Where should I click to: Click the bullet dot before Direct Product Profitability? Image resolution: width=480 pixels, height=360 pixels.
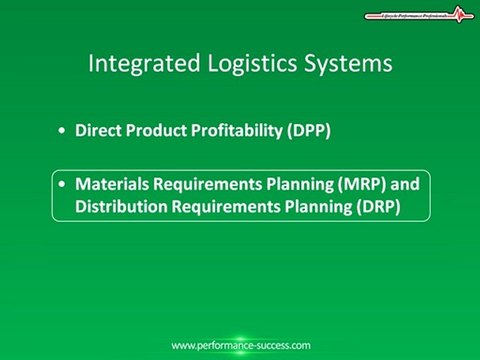click(x=65, y=132)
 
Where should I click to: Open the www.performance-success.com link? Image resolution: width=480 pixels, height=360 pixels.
click(x=240, y=345)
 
